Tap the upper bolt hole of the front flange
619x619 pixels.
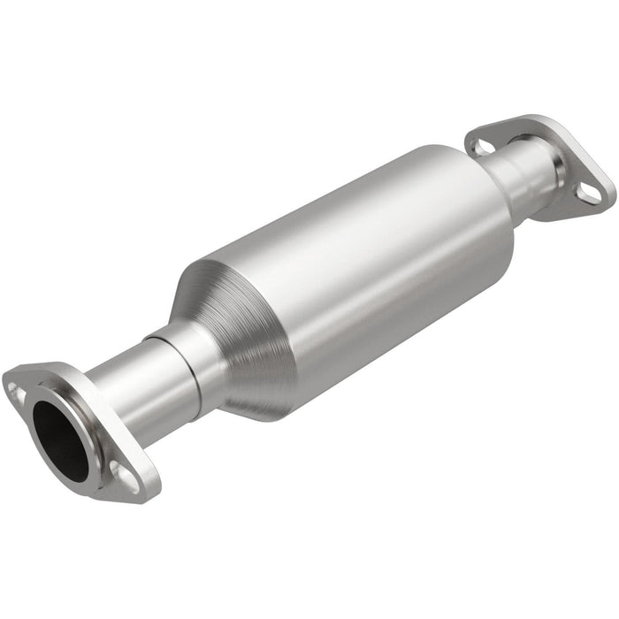pyautogui.click(x=16, y=387)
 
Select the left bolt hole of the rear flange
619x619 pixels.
pyautogui.click(x=482, y=146)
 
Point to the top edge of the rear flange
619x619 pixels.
pyautogui.click(x=531, y=119)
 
